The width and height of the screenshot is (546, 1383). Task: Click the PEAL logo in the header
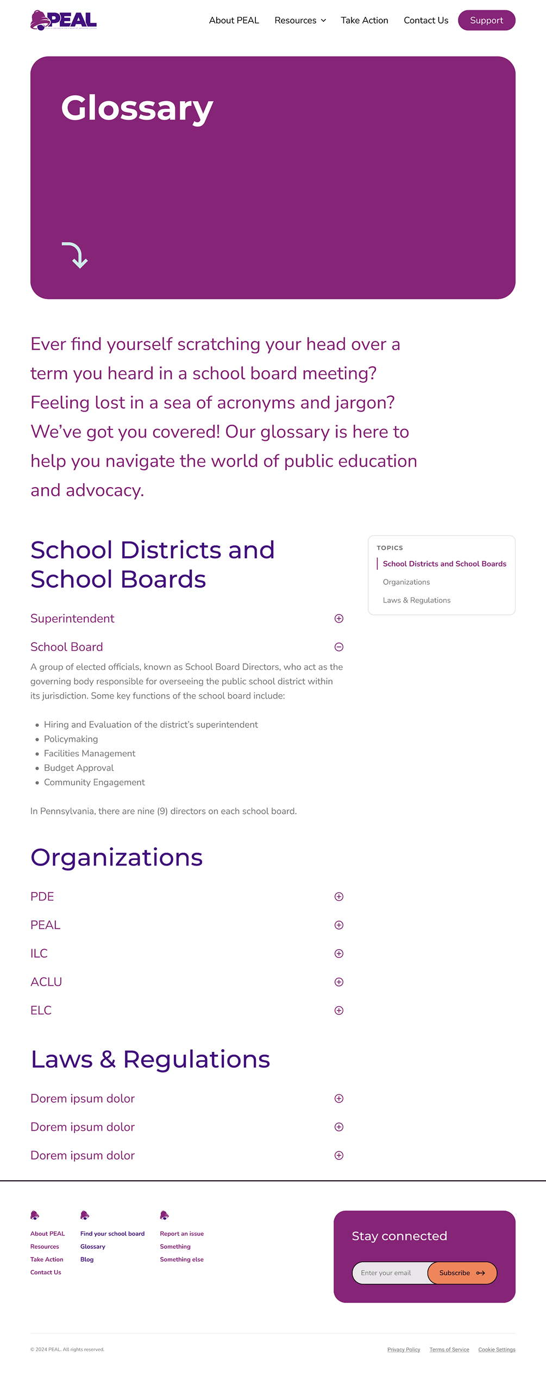[64, 20]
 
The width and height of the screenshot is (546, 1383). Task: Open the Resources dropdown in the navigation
[300, 21]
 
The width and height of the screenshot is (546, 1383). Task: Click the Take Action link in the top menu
[365, 21]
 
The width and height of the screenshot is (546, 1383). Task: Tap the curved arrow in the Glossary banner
[75, 255]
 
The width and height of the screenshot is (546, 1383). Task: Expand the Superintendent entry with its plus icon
[339, 619]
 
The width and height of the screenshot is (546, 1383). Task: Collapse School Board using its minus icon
[339, 647]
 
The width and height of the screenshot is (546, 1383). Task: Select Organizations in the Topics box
[406, 582]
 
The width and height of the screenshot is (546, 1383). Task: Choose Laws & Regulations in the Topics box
[417, 600]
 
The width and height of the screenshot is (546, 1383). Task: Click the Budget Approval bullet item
[79, 768]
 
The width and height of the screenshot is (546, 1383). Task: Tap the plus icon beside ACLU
[339, 982]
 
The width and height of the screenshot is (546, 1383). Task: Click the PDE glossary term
[42, 896]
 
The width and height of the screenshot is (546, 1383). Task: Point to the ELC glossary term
[41, 1011]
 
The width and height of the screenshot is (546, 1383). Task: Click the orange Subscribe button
[462, 1273]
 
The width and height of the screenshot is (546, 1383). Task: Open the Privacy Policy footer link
[404, 1350]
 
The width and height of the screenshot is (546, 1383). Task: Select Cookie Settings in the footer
[497, 1350]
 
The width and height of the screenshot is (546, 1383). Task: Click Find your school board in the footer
[112, 1234]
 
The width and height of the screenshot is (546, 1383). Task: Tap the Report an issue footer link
[182, 1234]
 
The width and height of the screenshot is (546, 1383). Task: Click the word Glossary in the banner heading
[137, 108]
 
